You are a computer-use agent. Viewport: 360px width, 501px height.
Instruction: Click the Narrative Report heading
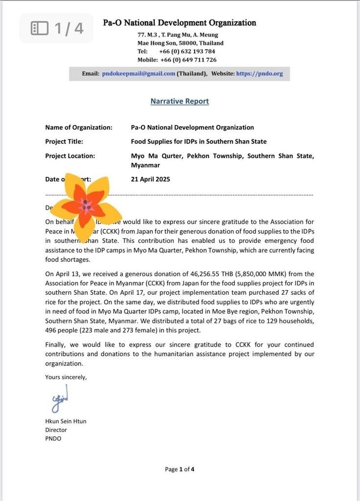pos(180,101)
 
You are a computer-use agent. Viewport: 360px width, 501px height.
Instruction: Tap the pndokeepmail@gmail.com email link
pos(138,74)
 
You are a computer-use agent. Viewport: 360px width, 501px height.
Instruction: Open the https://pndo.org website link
pos(259,74)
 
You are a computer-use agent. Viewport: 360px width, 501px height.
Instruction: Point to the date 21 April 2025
pos(151,179)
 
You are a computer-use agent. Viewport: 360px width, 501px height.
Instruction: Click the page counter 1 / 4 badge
pos(57,28)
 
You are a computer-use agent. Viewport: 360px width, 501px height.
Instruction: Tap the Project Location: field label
pos(70,156)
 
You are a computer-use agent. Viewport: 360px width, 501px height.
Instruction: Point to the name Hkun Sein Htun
pos(66,421)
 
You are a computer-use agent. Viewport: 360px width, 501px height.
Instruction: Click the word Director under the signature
pos(56,430)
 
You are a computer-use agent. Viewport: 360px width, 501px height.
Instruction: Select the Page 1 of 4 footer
pos(180,470)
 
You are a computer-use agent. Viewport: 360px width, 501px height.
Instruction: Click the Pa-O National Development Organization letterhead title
pos(180,23)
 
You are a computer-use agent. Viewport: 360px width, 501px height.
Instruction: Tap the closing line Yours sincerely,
pos(66,377)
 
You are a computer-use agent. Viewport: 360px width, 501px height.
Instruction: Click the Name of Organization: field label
pos(79,128)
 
